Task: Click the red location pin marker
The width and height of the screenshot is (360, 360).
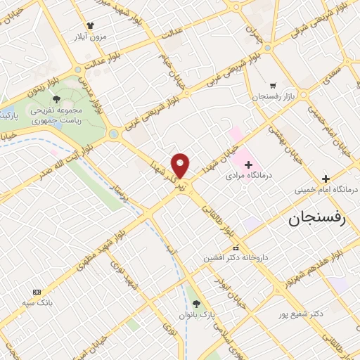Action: [x=181, y=165]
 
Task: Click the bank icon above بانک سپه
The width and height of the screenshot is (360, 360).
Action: [x=37, y=292]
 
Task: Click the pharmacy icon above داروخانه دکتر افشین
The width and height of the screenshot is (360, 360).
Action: [x=235, y=247]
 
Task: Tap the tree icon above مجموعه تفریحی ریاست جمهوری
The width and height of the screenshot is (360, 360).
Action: [x=56, y=100]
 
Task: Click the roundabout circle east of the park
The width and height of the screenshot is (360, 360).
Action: [x=113, y=133]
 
